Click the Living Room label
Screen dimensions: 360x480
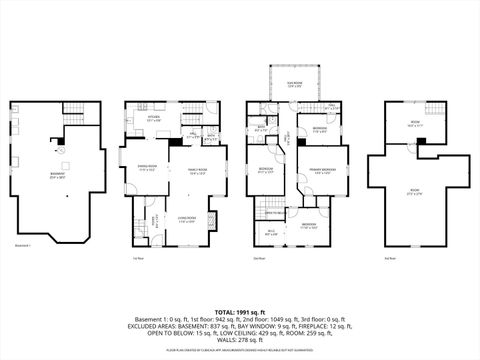(x=185, y=219)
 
